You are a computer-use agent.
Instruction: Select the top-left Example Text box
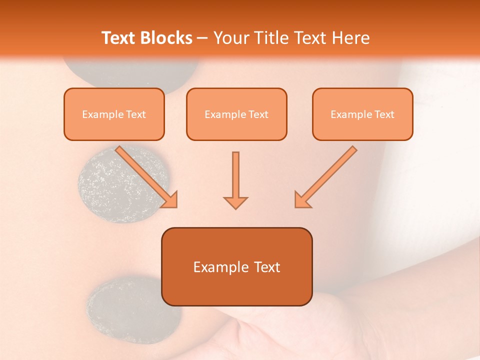click(x=114, y=114)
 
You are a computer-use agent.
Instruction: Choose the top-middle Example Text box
click(x=236, y=114)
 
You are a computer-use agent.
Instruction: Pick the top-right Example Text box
click(x=362, y=114)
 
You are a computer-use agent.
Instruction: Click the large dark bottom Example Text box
click(x=236, y=266)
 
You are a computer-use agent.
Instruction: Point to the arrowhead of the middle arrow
click(x=235, y=202)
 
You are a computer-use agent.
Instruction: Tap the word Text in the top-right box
click(x=384, y=114)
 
